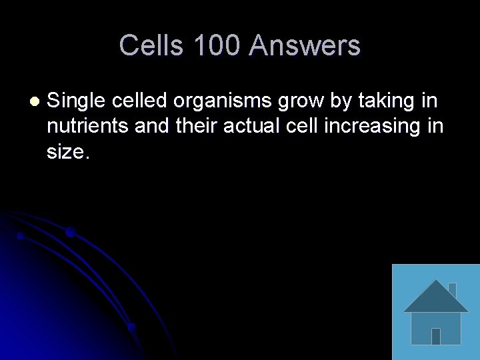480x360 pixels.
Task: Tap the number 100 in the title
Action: click(217, 45)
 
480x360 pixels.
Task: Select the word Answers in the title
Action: click(305, 45)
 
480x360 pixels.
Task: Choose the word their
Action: click(197, 126)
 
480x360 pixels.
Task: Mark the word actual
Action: click(253, 126)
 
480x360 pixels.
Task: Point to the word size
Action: click(66, 151)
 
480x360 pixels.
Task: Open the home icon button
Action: click(435, 312)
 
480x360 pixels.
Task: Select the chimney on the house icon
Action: click(452, 289)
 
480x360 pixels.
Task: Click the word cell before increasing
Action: click(303, 126)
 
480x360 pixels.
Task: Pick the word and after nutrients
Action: click(151, 126)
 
